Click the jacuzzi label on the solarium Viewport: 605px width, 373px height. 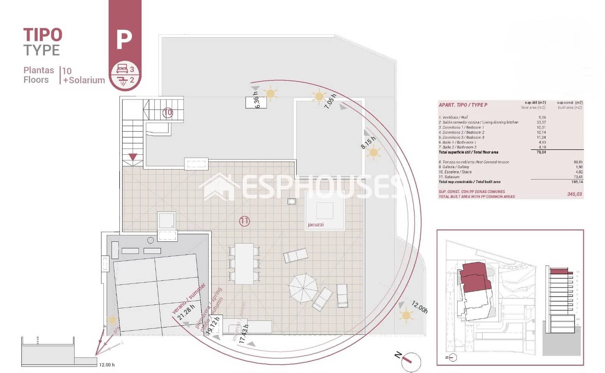click(315, 225)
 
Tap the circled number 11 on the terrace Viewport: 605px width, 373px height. click(244, 221)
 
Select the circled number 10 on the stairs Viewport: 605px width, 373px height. click(168, 113)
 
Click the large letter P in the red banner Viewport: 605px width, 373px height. click(124, 39)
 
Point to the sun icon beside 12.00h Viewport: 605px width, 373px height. click(406, 315)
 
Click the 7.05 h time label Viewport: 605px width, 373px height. click(330, 101)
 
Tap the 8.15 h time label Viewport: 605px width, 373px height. click(368, 143)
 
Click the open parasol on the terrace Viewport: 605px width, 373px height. click(303, 288)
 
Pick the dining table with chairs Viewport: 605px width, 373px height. click(244, 264)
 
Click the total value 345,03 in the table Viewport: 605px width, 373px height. click(574, 194)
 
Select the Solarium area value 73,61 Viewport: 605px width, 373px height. click(578, 177)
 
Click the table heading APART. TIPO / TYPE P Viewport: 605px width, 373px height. click(463, 105)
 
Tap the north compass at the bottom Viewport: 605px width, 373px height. click(410, 361)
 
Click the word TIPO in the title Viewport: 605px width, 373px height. click(43, 35)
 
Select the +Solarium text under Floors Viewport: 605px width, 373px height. click(84, 80)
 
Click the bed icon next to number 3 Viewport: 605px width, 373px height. click(122, 69)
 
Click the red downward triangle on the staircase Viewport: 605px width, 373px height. click(132, 157)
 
